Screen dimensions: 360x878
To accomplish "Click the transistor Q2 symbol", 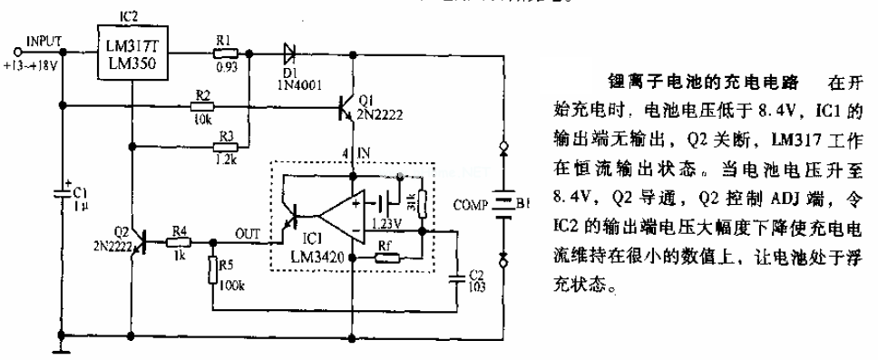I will [x=137, y=243].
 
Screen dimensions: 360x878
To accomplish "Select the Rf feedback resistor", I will [x=385, y=257].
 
